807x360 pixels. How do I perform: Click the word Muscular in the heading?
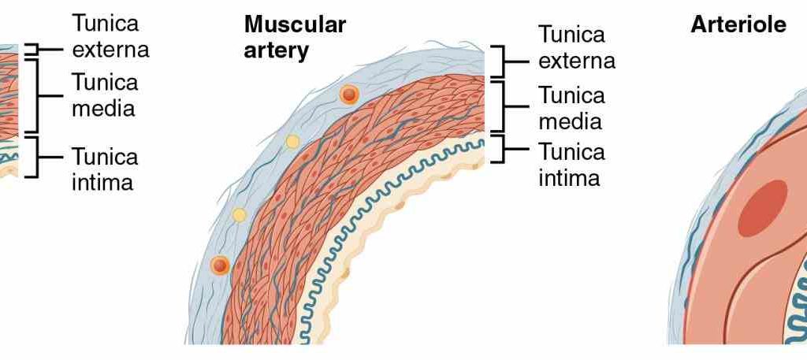tap(295, 24)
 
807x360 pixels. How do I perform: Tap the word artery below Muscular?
tap(276, 50)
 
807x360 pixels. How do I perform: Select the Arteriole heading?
tap(738, 24)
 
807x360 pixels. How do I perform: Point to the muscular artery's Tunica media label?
tap(572, 108)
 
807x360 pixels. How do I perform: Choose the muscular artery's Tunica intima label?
tap(571, 165)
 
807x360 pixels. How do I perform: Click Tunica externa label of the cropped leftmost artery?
tap(110, 35)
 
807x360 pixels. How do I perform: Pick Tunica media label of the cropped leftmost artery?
tap(104, 95)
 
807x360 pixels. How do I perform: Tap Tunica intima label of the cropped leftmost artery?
tap(104, 169)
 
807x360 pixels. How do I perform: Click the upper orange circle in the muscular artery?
tap(349, 95)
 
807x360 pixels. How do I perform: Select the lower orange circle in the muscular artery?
tap(220, 265)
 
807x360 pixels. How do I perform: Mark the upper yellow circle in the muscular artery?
tap(292, 142)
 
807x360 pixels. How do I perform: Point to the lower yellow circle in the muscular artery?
tap(240, 214)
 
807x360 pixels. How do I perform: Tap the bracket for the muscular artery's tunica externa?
tap(498, 61)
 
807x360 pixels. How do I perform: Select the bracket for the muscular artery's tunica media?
tap(498, 106)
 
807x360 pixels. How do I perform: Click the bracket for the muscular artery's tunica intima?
tap(498, 148)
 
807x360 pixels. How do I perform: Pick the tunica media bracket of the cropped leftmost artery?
tap(33, 95)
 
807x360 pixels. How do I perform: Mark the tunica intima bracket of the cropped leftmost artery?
tap(33, 157)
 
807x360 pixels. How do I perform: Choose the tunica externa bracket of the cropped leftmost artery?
tap(33, 50)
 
